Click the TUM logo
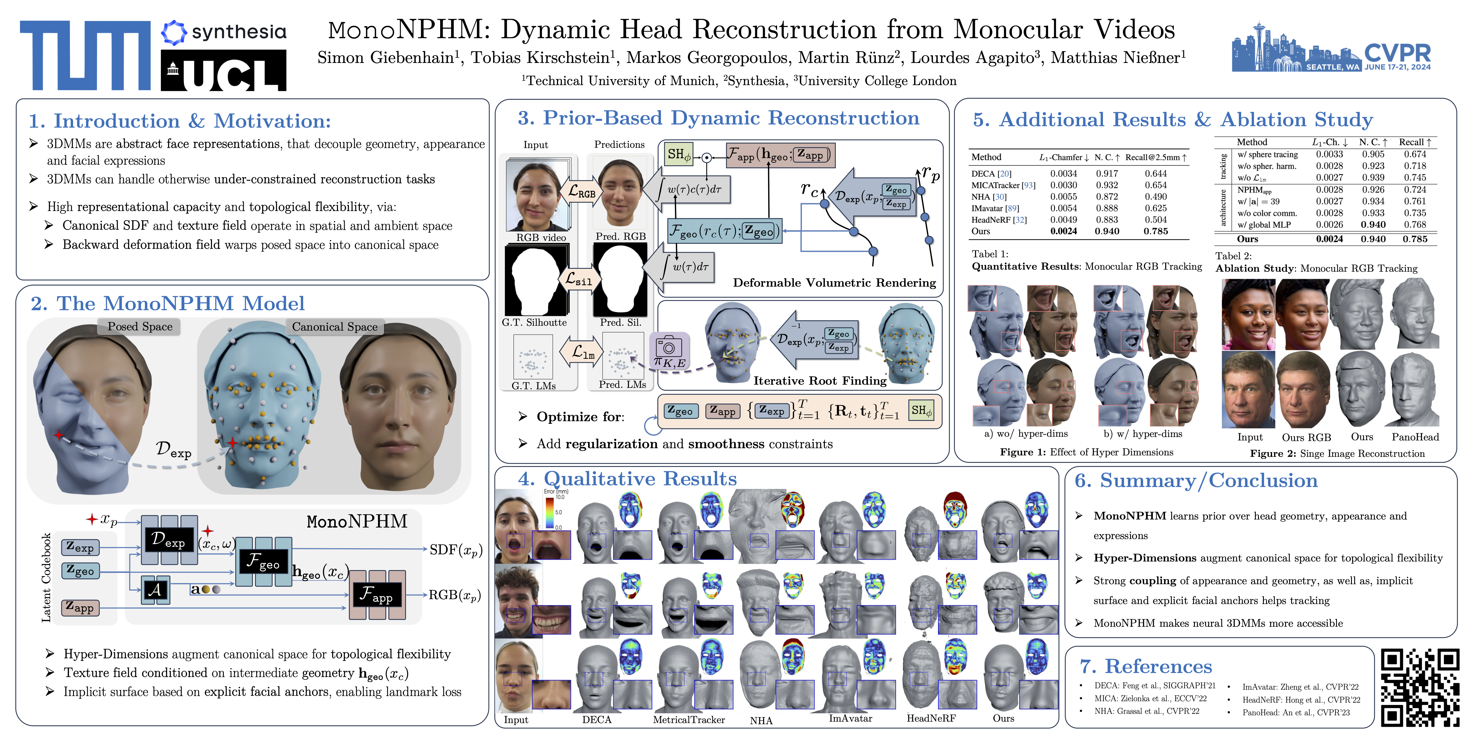pyautogui.click(x=86, y=55)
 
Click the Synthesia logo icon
pyautogui.click(x=174, y=32)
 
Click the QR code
pyautogui.click(x=1420, y=687)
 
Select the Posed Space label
pyautogui.click(x=140, y=326)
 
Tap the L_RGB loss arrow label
pyautogui.click(x=581, y=193)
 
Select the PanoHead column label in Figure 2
pyautogui.click(x=1415, y=437)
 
